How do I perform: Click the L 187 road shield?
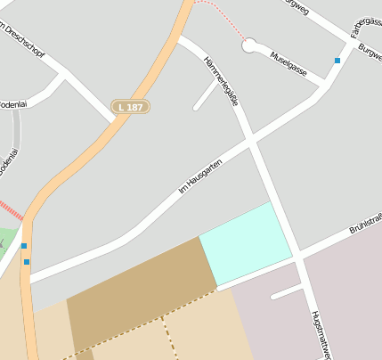tap(130, 107)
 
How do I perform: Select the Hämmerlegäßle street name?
tap(222, 81)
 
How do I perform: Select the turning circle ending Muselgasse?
tap(249, 44)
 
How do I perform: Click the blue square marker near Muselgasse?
tap(337, 61)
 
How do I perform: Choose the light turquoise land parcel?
tap(246, 243)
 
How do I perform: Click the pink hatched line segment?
tap(10, 210)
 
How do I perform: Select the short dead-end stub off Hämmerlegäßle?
tap(206, 96)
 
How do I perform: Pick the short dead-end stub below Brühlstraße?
tap(287, 292)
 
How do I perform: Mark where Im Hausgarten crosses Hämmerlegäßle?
tap(250, 141)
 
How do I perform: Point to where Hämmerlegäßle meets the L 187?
tap(180, 39)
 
